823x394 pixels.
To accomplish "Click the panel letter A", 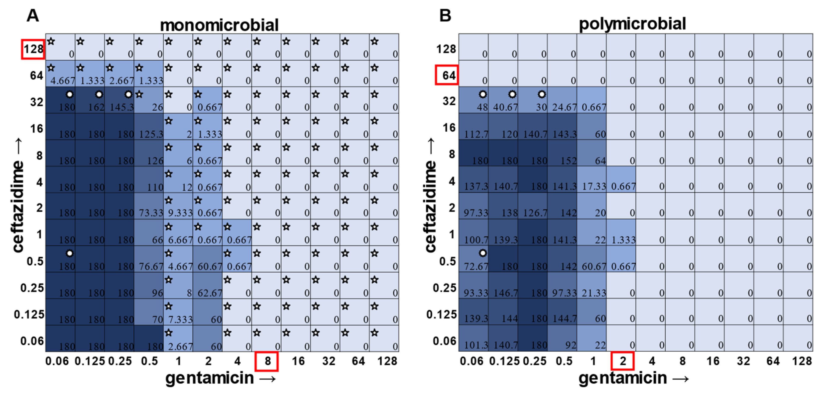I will pyautogui.click(x=33, y=15).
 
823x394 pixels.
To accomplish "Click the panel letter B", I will pyautogui.click(x=445, y=15).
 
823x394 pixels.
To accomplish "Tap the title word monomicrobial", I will pyautogui.click(x=219, y=25).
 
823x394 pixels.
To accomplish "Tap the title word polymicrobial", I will pyautogui.click(x=632, y=24).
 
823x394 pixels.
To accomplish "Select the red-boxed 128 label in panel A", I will pyautogui.click(x=33, y=49).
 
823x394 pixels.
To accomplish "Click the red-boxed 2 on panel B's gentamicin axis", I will pyautogui.click(x=622, y=361).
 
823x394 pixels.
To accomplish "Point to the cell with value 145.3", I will pyautogui.click(x=119, y=100).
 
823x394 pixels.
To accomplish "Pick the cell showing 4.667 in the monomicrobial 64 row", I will pyautogui.click(x=60, y=73).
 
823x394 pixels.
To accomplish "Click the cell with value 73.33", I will pyautogui.click(x=149, y=206).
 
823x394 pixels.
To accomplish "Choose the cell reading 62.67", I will pyautogui.click(x=208, y=285).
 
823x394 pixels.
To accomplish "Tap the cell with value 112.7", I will pyautogui.click(x=473, y=126).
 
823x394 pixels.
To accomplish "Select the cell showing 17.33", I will pyautogui.click(x=592, y=179).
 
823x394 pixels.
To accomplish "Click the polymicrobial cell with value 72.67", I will pyautogui.click(x=473, y=259).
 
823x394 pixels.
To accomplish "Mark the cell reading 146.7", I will pyautogui.click(x=503, y=285).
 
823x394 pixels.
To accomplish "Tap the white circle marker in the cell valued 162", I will pyautogui.click(x=99, y=94).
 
